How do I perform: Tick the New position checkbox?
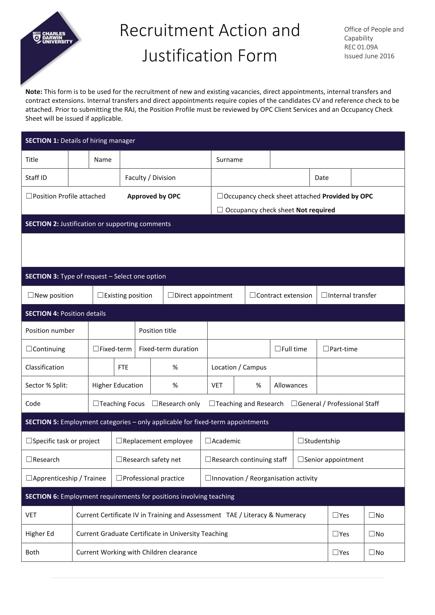coord(31,295)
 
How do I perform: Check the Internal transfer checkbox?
coord(324,295)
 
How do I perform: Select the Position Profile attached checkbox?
coord(29,196)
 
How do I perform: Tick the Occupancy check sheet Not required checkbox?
coord(220,210)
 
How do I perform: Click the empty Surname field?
coord(337,159)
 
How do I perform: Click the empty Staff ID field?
coord(94,177)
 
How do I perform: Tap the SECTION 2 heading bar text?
coord(98,224)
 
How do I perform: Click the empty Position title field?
coord(306,330)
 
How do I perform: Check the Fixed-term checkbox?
coord(96,348)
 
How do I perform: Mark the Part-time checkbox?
coord(326,348)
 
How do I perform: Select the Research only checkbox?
coord(155,403)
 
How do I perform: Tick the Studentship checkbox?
coord(301,440)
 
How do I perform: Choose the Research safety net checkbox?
coord(119,459)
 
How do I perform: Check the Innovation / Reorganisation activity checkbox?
coord(208,478)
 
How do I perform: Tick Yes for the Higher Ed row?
coord(335,533)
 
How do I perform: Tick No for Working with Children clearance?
coord(372,552)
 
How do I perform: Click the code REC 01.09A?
coord(361,47)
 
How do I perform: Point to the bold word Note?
coord(34,92)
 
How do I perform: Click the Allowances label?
coord(291,385)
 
